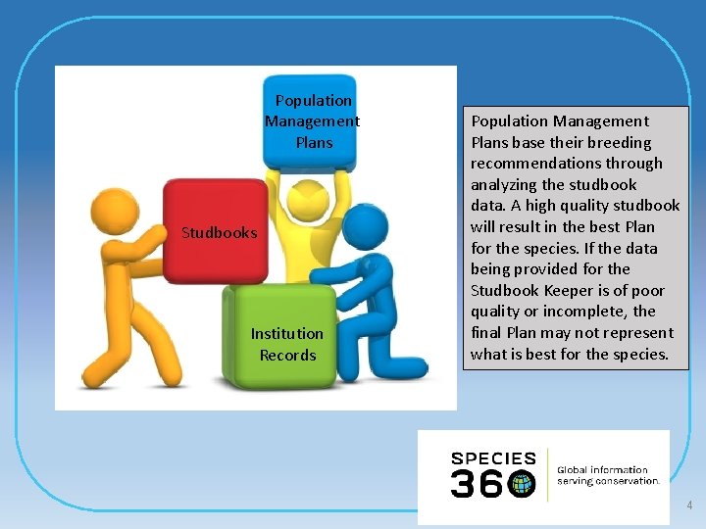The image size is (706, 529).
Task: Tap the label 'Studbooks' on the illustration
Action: click(x=220, y=233)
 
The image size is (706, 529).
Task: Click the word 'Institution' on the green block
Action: click(x=286, y=333)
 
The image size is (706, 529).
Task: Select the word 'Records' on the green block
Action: click(x=287, y=355)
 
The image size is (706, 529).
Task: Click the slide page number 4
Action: click(x=689, y=505)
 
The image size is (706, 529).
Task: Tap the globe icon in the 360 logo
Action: click(x=522, y=483)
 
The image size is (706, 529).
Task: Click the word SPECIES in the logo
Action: click(x=493, y=458)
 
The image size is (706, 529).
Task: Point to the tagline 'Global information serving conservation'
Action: click(x=607, y=475)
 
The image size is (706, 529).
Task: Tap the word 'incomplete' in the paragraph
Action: click(x=580, y=312)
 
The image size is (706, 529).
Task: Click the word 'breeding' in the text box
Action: click(x=618, y=142)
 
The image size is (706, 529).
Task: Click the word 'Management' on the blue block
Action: click(x=312, y=121)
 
